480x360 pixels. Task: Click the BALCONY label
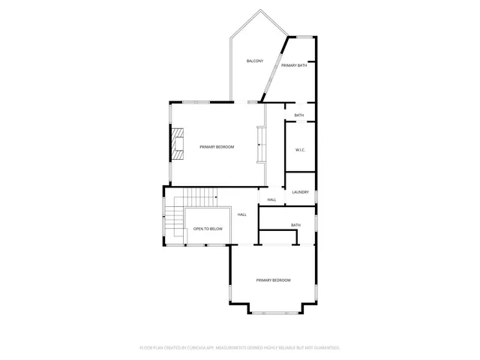click(x=255, y=61)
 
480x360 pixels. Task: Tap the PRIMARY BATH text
click(x=294, y=66)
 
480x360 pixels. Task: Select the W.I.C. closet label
click(x=300, y=150)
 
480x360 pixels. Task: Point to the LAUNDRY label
click(x=301, y=192)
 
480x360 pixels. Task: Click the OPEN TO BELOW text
click(x=208, y=229)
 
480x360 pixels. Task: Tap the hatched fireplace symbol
click(x=177, y=144)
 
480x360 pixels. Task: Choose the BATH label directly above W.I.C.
click(x=299, y=115)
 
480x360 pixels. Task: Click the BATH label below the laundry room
click(x=295, y=225)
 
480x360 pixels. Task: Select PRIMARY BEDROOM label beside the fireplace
click(x=217, y=147)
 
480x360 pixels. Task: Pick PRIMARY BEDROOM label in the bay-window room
click(x=273, y=280)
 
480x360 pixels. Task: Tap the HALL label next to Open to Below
click(x=242, y=215)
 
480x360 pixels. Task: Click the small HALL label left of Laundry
click(x=271, y=199)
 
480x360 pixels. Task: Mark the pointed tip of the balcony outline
click(x=260, y=10)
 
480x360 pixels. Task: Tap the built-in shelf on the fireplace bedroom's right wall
click(x=260, y=144)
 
